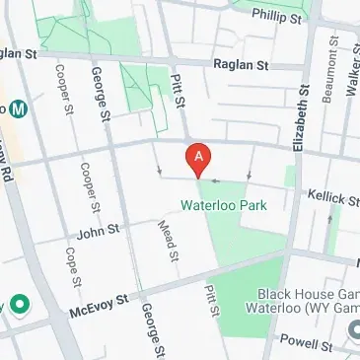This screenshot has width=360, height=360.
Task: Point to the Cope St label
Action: (x=72, y=268)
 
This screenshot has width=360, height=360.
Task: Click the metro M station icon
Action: (x=4, y=107)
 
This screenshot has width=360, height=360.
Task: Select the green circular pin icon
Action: (x=19, y=304)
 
